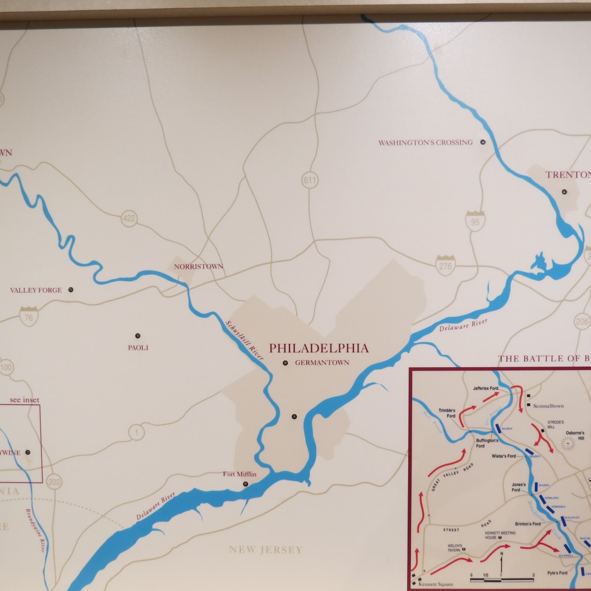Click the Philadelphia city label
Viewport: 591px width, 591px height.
pos(318,348)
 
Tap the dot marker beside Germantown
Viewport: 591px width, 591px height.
pos(285,363)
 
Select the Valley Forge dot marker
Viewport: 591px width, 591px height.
pos(71,290)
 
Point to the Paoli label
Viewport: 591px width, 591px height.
pos(138,347)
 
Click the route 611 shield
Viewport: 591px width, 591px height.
pos(310,180)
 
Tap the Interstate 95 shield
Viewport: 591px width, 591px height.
pos(475,221)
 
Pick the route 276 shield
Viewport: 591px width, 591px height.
pos(445,265)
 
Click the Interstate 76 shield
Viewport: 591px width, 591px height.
pos(28,317)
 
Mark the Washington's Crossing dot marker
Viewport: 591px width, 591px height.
pos(483,142)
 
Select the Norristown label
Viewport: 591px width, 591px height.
pos(199,266)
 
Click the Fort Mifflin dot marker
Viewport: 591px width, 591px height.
pos(245,484)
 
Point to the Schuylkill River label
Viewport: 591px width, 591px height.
pos(245,339)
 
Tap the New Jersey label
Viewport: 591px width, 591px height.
pos(265,549)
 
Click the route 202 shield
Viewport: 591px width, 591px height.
pos(54,482)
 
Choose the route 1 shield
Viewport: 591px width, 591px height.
pos(136,433)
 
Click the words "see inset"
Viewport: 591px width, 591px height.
pos(25,400)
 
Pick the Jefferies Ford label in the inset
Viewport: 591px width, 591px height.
pos(486,388)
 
